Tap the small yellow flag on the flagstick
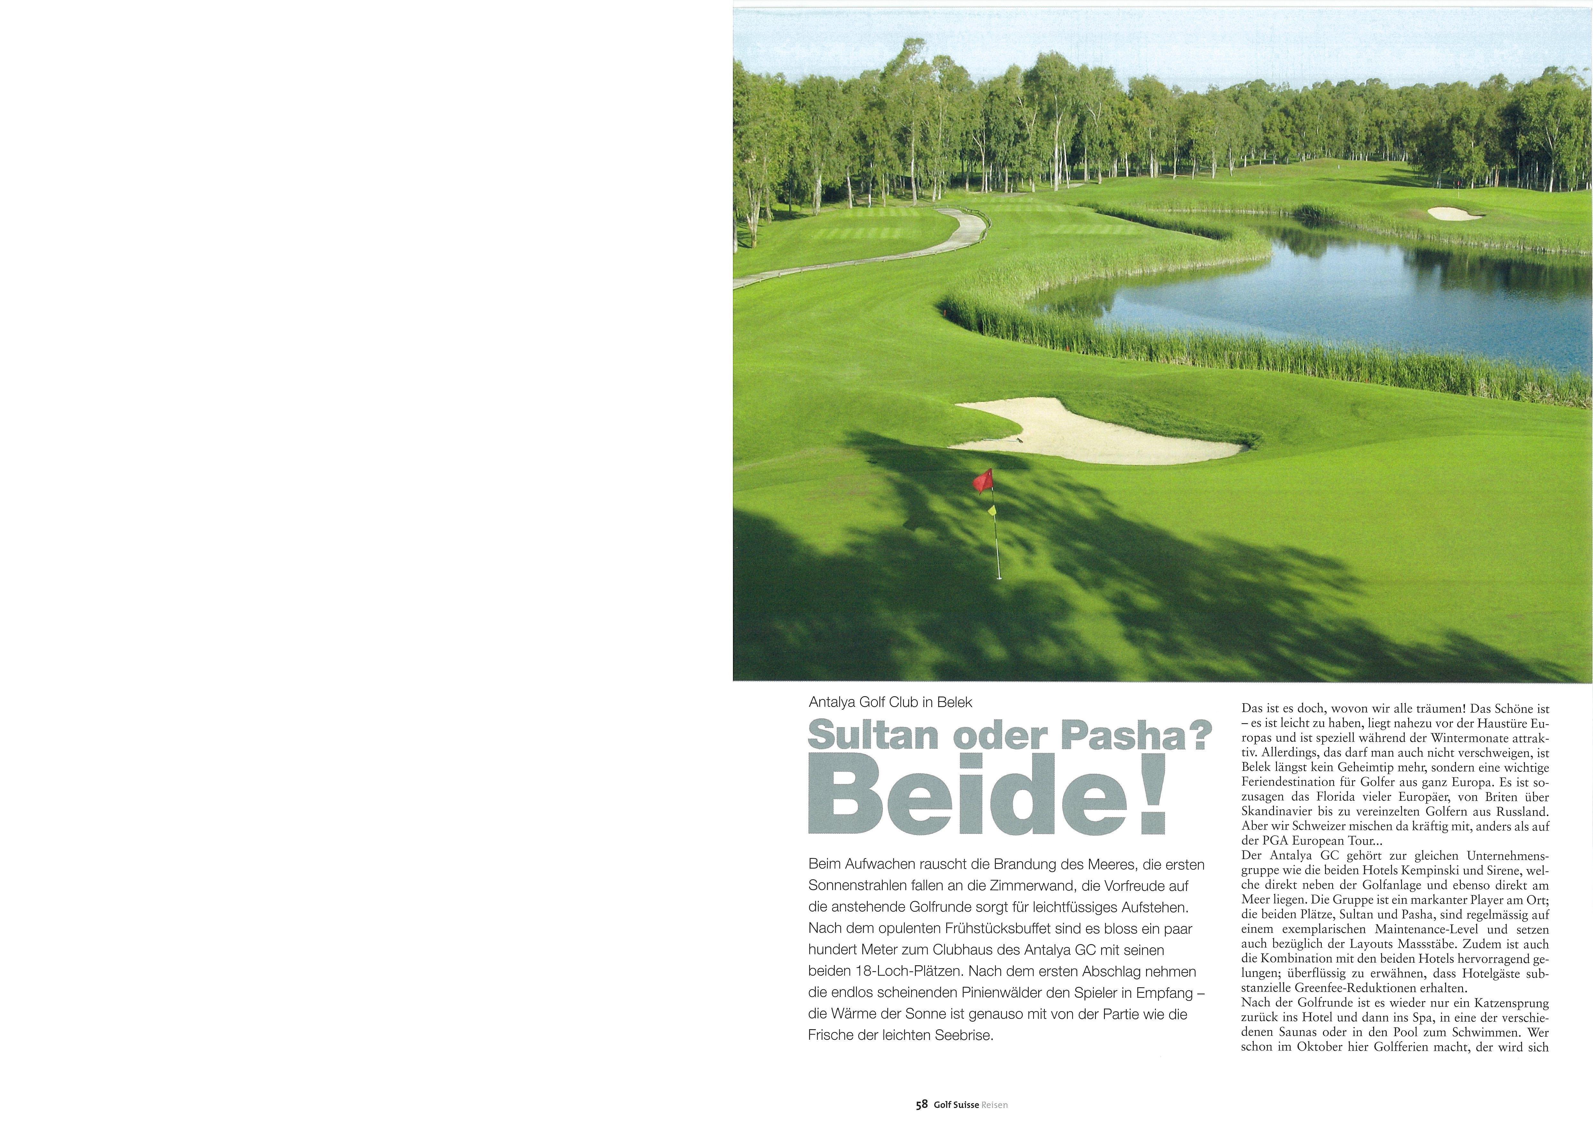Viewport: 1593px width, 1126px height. click(992, 511)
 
